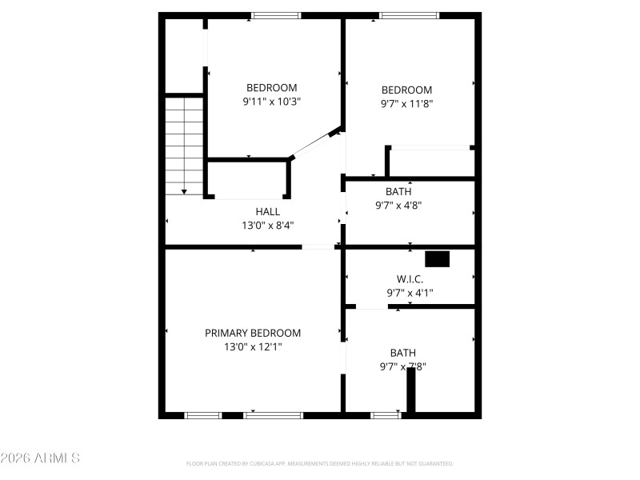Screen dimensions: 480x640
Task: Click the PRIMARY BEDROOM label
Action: click(x=253, y=333)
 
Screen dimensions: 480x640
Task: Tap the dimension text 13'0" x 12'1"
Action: click(x=253, y=347)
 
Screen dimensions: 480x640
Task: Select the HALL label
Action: click(x=268, y=211)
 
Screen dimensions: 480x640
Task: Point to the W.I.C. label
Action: click(x=410, y=278)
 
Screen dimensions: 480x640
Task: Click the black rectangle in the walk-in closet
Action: click(x=437, y=259)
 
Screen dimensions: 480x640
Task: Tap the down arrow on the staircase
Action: click(x=184, y=191)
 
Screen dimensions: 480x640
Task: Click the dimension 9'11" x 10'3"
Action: click(x=272, y=102)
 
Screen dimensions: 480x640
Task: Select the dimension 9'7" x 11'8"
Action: click(x=406, y=103)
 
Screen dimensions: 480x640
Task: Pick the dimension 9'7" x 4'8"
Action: click(x=398, y=205)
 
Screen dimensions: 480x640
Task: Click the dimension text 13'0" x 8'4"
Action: click(x=268, y=226)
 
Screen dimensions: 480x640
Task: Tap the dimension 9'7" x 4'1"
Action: click(x=410, y=293)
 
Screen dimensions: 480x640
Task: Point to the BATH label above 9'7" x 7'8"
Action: click(x=402, y=353)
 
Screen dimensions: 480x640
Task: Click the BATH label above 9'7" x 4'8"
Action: click(x=398, y=191)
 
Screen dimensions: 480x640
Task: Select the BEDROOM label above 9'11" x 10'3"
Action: click(x=272, y=87)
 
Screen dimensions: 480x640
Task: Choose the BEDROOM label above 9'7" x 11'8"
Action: click(x=406, y=90)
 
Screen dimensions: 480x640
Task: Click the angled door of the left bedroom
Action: click(x=313, y=144)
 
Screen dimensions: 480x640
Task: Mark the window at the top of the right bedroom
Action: click(x=409, y=15)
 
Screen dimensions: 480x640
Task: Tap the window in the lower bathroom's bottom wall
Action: click(x=386, y=415)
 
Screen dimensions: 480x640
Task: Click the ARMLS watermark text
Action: click(x=40, y=458)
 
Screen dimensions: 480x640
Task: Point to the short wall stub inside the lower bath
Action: click(x=411, y=390)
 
